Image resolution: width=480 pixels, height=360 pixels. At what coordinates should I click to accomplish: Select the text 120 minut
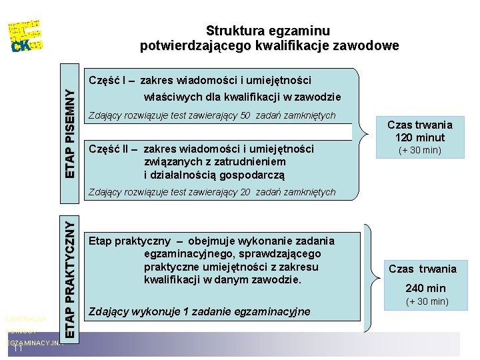tap(420, 137)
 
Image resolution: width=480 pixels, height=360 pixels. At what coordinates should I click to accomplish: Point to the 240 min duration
tap(425, 288)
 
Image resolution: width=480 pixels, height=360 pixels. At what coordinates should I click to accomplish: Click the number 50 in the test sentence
tap(244, 115)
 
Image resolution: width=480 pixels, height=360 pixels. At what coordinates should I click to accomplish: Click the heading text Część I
tap(108, 80)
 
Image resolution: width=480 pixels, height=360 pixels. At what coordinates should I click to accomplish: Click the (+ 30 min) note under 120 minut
tap(420, 150)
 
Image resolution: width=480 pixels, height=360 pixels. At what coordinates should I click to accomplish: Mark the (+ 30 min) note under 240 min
tap(427, 302)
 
